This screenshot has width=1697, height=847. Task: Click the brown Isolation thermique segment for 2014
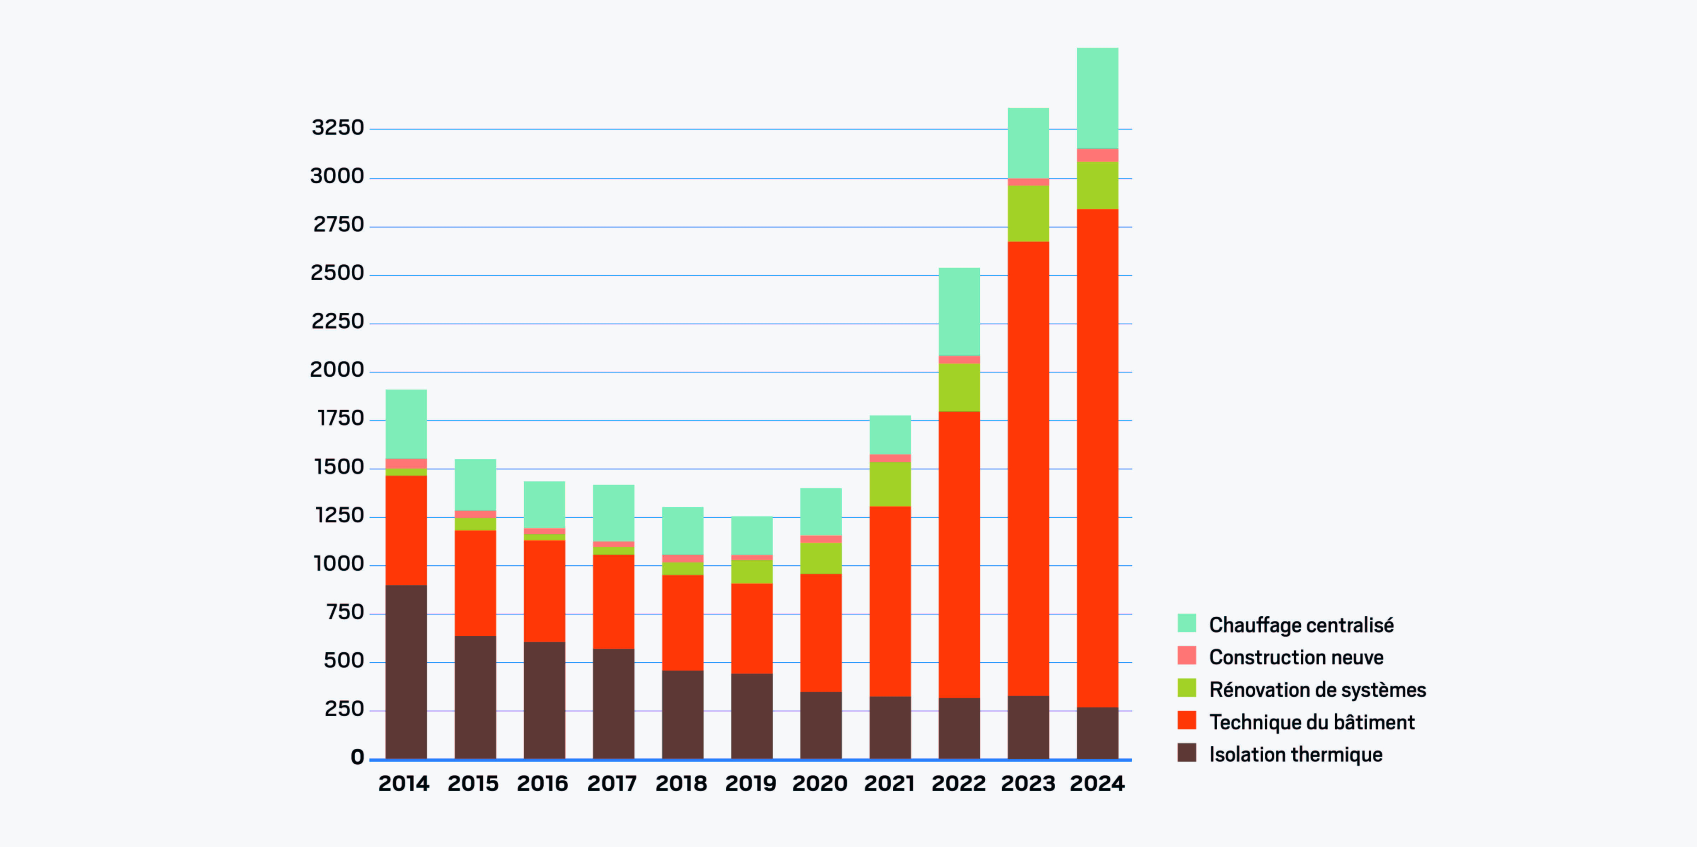[x=406, y=672]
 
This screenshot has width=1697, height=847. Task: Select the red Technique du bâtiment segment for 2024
[x=1097, y=458]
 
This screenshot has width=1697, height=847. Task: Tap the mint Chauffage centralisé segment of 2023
[x=1028, y=143]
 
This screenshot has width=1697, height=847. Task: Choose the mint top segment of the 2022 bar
[x=959, y=312]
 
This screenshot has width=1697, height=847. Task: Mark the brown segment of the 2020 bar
[x=821, y=725]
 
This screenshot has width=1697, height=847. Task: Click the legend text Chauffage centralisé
[x=1301, y=624]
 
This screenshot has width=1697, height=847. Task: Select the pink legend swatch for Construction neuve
[x=1186, y=656]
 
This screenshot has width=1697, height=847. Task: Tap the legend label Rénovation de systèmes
[x=1318, y=690]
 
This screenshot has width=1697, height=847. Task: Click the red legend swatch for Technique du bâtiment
[x=1186, y=720]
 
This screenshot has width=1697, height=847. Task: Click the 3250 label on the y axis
[x=337, y=127]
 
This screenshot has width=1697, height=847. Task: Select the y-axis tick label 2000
[x=337, y=370]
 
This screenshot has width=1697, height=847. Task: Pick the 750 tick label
[x=345, y=612]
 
